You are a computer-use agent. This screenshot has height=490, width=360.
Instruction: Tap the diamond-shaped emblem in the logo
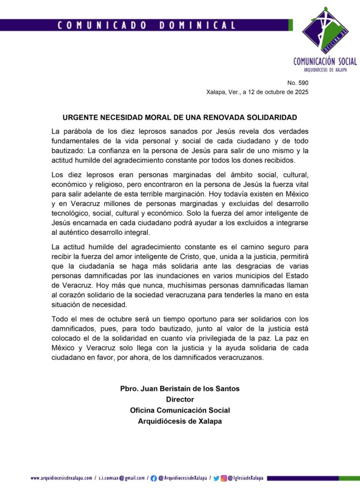326,31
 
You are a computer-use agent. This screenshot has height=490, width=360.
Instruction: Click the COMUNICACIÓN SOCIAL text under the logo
325,61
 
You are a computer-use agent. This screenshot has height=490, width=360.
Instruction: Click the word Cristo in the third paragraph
180,256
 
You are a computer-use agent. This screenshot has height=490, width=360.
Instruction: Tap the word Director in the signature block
180,399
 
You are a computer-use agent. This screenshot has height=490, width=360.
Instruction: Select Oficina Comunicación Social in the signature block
180,410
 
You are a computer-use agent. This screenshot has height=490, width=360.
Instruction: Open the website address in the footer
61,478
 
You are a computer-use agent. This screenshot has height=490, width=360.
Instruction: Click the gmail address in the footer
121,478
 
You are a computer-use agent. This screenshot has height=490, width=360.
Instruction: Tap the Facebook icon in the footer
153,478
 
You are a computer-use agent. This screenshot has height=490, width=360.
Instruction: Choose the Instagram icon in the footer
223,478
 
